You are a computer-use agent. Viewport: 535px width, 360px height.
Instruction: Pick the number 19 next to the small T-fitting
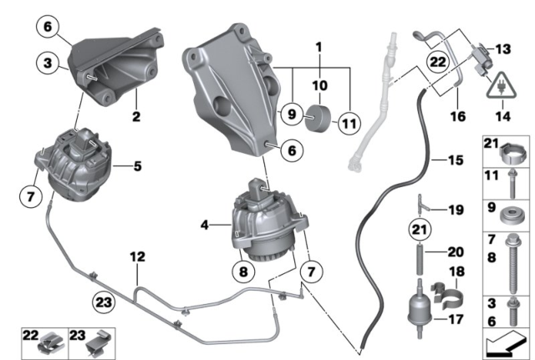[x=455, y=211]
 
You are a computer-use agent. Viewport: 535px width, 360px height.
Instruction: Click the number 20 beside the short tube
[x=454, y=251]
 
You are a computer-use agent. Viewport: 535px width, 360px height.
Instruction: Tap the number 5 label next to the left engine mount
[x=137, y=166]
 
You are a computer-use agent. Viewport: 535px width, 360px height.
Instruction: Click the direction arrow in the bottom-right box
[x=507, y=342]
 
